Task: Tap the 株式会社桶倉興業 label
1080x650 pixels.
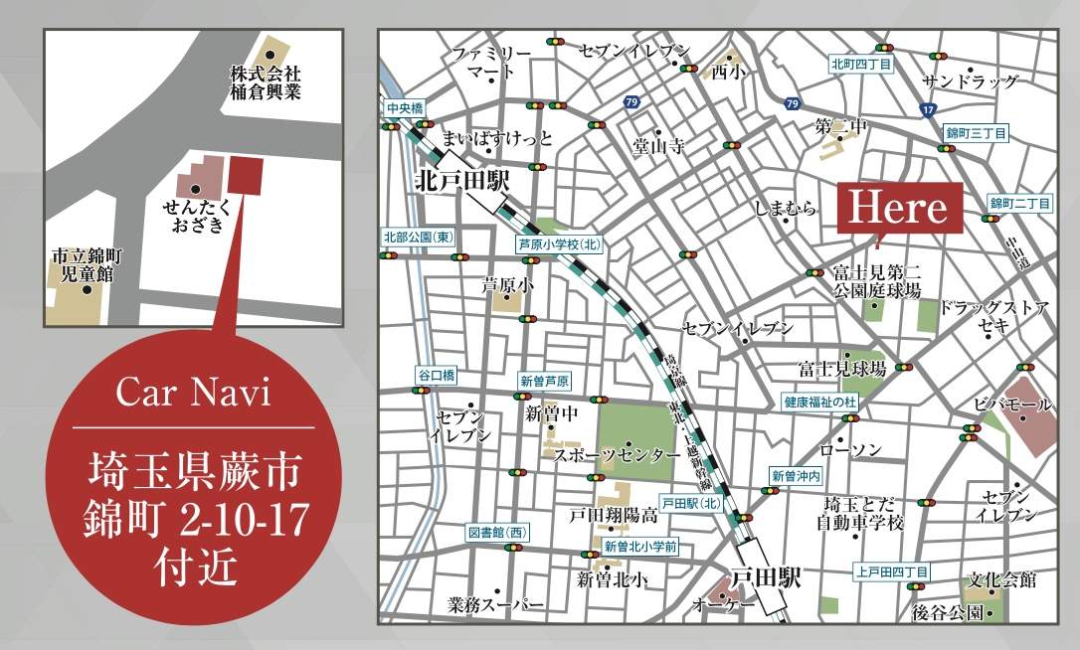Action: click(x=265, y=83)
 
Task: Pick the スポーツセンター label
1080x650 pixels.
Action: click(x=611, y=454)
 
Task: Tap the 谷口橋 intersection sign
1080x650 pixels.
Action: click(x=436, y=375)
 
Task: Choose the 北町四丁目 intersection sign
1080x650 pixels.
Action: click(x=860, y=65)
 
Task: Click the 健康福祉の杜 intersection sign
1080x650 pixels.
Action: click(x=819, y=402)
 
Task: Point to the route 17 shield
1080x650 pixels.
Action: click(x=928, y=109)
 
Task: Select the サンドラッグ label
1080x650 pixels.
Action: click(x=971, y=81)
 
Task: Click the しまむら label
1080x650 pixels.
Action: click(x=785, y=208)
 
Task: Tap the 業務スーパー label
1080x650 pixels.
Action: click(x=495, y=604)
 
